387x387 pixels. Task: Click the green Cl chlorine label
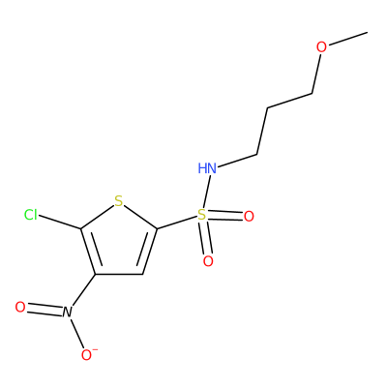[x=31, y=215]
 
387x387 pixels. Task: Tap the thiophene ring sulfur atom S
[x=119, y=201]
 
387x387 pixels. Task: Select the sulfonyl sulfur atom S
[x=201, y=215]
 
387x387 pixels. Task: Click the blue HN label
[x=207, y=168]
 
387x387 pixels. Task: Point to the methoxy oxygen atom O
[x=321, y=47]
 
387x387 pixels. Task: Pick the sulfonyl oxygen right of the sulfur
[x=249, y=217]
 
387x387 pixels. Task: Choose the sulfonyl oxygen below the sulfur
[x=208, y=261]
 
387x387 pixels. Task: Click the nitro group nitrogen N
[x=67, y=313]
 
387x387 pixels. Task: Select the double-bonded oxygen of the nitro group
[x=20, y=307]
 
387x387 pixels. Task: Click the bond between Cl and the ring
[x=60, y=222]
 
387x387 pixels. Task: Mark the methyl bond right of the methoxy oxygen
[x=347, y=40]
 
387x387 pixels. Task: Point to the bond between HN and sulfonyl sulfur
[x=207, y=192]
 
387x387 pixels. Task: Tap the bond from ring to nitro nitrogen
[x=83, y=290]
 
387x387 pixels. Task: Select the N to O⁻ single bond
[x=76, y=333]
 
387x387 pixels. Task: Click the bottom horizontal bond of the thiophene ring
[x=119, y=275]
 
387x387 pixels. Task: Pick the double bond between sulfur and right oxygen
[x=224, y=216]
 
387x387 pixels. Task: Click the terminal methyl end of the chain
[x=368, y=32]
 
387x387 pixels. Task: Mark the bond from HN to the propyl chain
[x=237, y=162]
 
